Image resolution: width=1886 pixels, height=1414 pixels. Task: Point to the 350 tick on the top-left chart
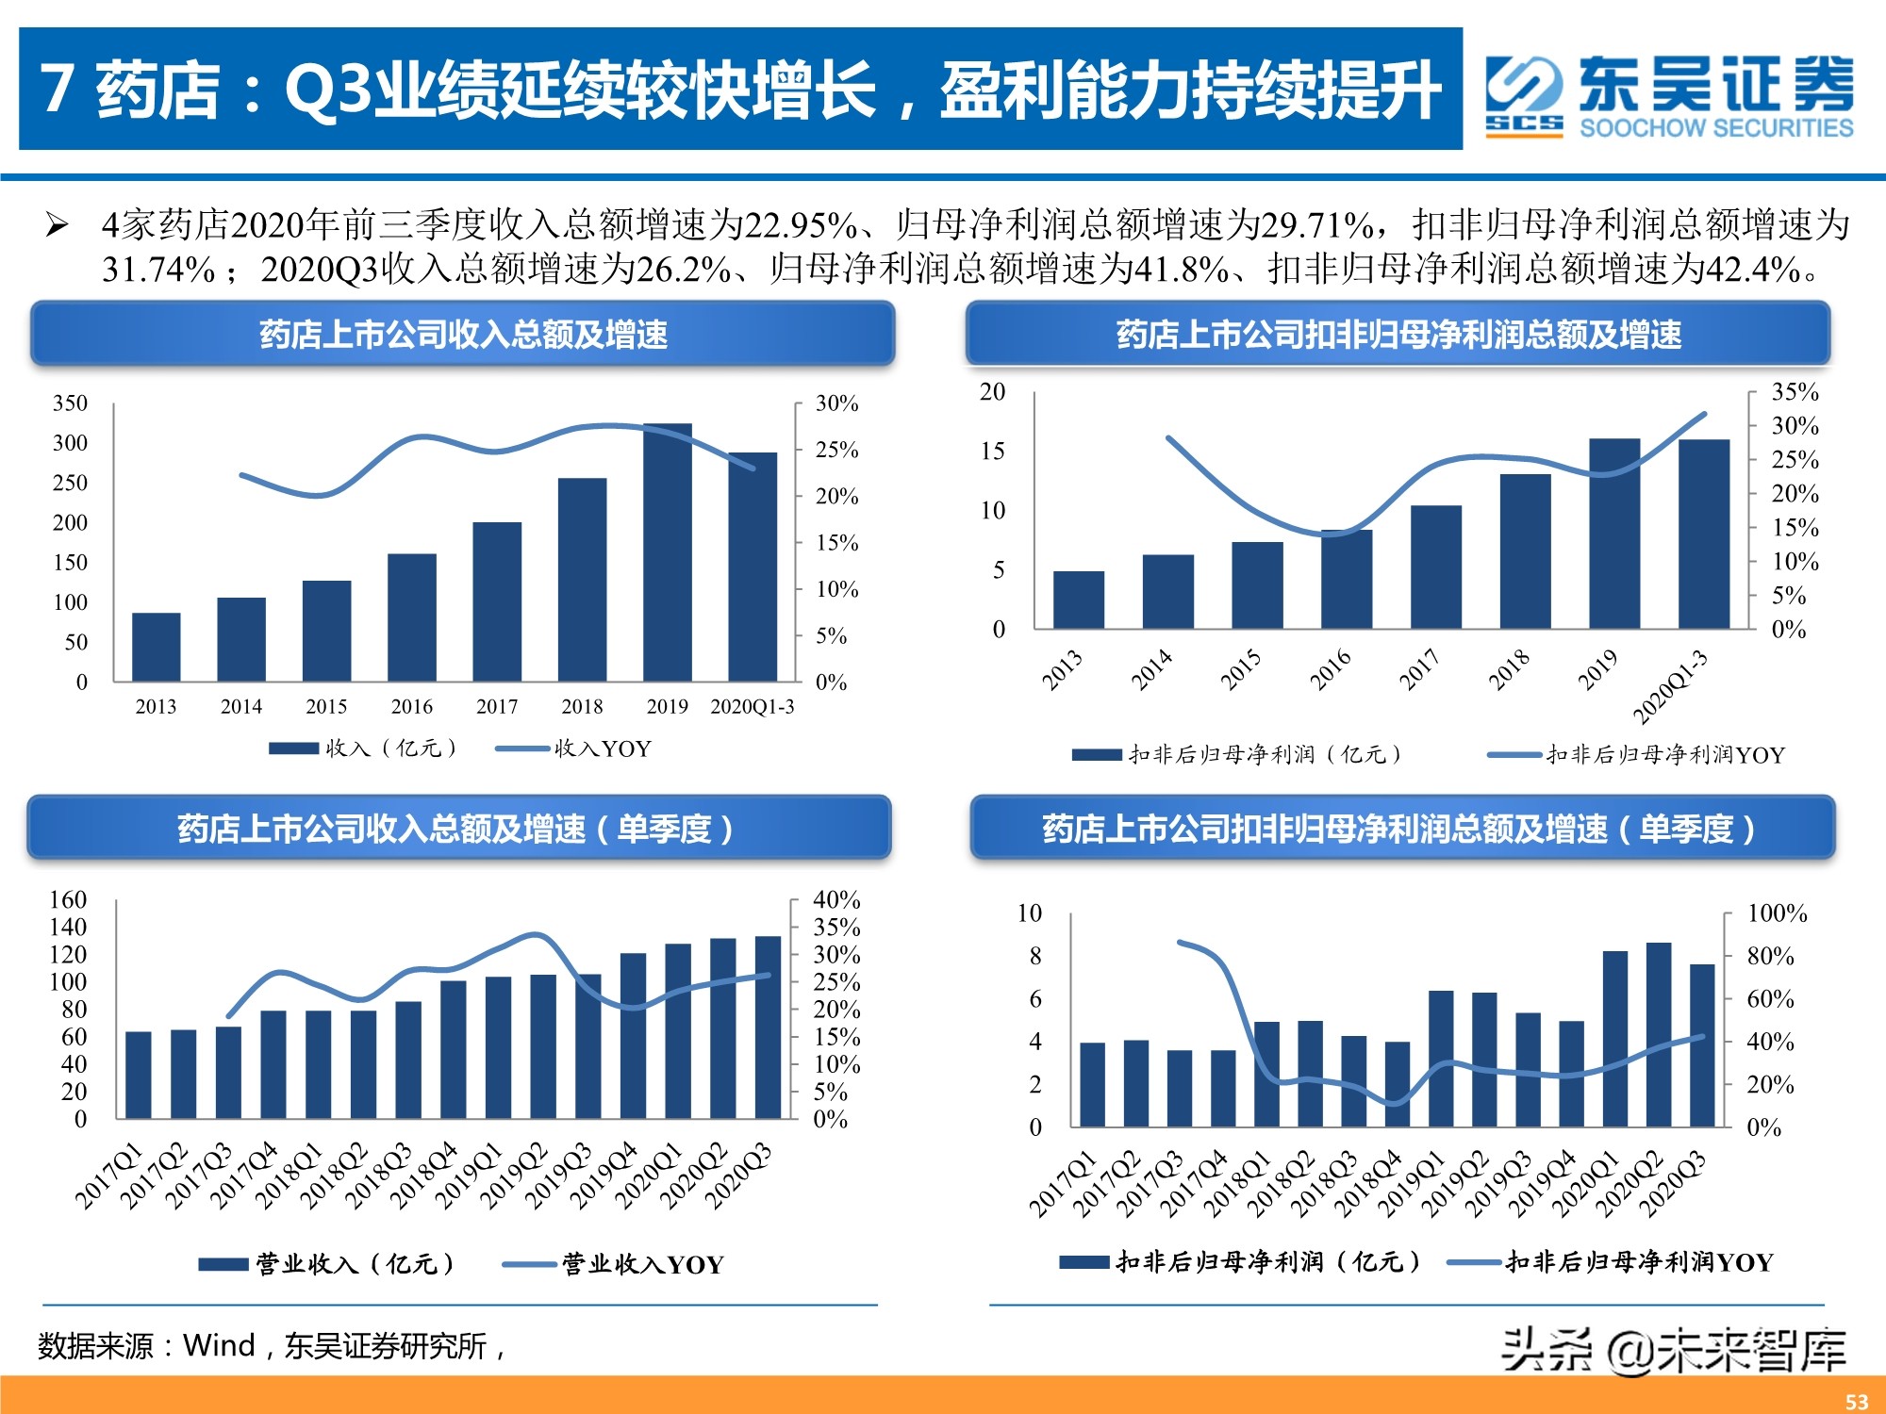(70, 403)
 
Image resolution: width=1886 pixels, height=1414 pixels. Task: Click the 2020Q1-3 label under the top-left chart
(752, 706)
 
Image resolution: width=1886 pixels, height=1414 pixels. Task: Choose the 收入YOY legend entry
(575, 748)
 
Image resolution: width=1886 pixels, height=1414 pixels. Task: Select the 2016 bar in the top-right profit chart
(1347, 579)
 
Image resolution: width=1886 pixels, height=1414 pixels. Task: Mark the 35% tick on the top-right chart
(1795, 391)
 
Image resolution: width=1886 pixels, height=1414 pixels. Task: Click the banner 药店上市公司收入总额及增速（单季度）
(458, 829)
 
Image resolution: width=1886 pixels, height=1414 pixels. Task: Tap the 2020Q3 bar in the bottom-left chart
(769, 1028)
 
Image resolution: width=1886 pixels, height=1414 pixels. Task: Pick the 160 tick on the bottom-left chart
(68, 899)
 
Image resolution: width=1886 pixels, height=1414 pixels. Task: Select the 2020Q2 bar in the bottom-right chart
(1659, 1034)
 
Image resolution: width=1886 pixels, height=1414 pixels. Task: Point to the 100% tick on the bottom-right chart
(1777, 913)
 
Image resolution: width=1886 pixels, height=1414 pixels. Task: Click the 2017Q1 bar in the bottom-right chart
(1092, 1084)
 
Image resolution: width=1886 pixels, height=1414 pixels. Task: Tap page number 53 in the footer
(1857, 1401)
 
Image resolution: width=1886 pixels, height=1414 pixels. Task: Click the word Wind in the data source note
(219, 1345)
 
